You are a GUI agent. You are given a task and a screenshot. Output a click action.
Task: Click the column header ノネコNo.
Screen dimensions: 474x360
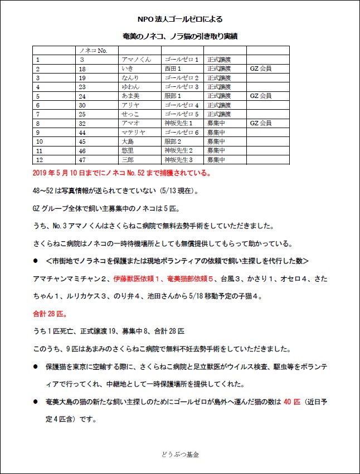tap(93, 51)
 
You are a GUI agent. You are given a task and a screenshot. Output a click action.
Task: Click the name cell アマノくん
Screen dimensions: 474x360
tap(133, 59)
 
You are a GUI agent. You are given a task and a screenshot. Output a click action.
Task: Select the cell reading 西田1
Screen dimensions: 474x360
tap(173, 69)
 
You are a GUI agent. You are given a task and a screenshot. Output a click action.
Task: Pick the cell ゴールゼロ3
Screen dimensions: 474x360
tap(182, 87)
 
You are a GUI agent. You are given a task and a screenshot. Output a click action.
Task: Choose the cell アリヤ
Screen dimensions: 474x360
tap(130, 105)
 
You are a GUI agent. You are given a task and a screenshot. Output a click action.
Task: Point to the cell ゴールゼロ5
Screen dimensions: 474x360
tap(182, 114)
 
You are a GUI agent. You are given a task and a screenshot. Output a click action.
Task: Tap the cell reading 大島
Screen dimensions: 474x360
tap(128, 141)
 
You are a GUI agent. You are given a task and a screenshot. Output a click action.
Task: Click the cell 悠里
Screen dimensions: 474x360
tap(128, 150)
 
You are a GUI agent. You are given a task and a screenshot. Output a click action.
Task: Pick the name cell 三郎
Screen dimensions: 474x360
tap(128, 160)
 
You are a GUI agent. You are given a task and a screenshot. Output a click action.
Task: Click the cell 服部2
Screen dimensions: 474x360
tap(173, 141)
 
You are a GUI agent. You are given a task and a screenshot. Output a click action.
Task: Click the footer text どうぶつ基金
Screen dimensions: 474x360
tap(179, 455)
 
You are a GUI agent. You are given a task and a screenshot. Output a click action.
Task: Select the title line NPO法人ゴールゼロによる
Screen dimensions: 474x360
tap(179, 19)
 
